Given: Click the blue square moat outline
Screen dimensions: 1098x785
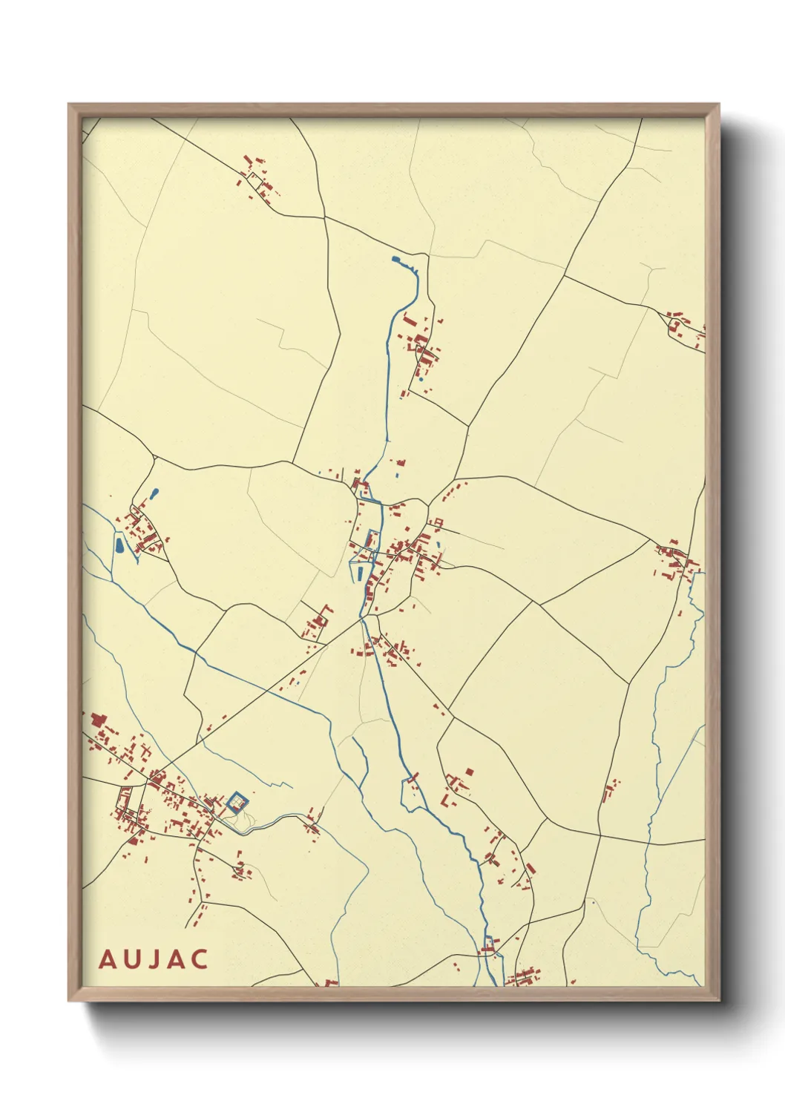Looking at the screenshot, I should point(237,803).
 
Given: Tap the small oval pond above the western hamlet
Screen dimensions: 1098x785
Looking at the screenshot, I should point(154,493).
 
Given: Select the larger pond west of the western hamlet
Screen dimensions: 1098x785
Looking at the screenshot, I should point(119,545).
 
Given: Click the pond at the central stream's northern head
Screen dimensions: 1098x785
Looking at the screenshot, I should point(395,260).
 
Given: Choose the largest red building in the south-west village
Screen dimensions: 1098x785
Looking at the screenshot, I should point(97,719).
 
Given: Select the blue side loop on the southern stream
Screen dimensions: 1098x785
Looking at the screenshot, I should point(410,794).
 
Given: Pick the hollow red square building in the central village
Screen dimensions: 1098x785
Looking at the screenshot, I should point(437,522).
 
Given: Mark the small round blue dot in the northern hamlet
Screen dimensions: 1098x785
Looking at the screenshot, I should point(421,379).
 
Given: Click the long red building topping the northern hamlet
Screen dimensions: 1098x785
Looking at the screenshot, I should point(410,321).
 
